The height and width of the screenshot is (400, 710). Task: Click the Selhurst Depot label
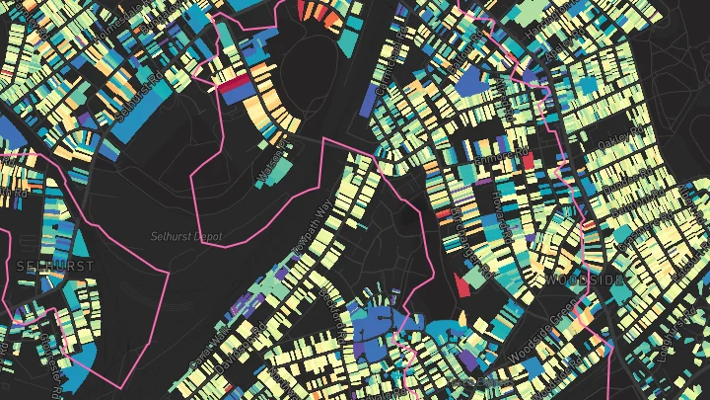(x=187, y=237)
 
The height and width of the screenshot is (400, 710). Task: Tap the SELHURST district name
(x=55, y=267)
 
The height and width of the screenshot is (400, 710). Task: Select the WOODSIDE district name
(x=584, y=281)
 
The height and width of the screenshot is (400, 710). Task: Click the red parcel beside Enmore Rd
(x=527, y=159)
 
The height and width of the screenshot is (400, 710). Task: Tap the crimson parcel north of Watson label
(x=235, y=88)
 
